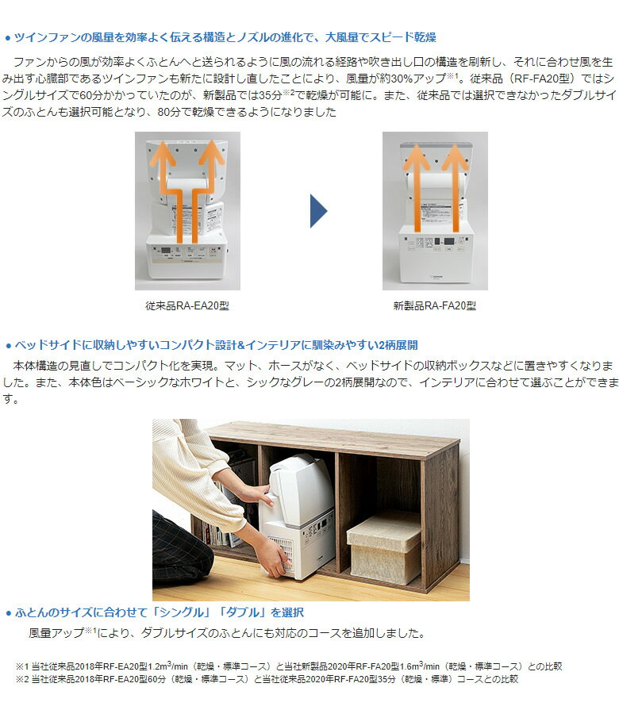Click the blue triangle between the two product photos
coord(318,211)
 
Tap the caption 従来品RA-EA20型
coord(187,306)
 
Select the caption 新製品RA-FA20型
coord(435,306)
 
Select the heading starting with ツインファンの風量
coord(225,37)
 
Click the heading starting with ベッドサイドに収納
coord(216,345)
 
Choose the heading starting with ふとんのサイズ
coord(159,612)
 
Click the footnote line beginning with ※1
coord(289,666)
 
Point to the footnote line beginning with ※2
coord(267,679)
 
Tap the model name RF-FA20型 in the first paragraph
coord(541,79)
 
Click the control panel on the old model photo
coord(187,254)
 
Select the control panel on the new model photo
coord(435,244)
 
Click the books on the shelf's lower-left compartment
coord(221,534)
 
